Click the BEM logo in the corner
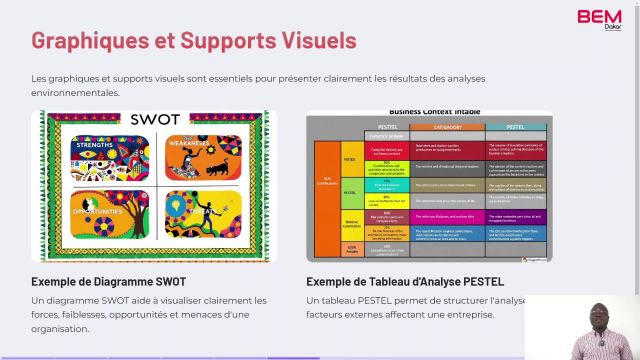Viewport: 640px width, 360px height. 599,19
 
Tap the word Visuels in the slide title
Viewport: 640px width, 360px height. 317,41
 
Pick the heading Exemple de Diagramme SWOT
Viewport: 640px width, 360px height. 107,281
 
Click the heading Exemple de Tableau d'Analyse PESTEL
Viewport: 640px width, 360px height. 404,281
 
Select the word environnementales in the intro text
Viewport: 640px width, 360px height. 75,93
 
